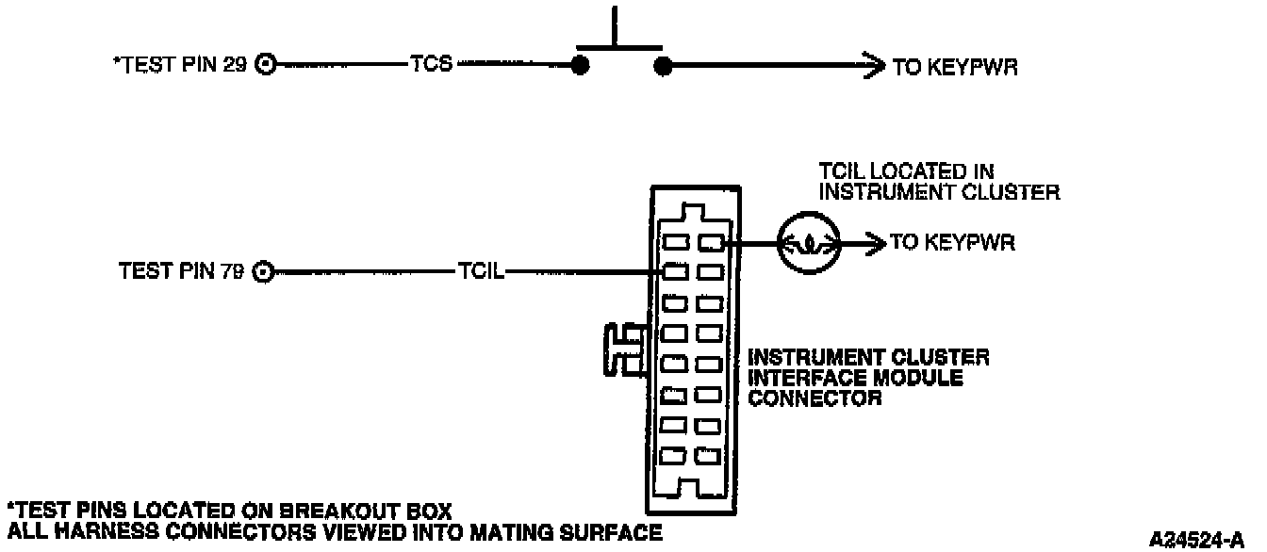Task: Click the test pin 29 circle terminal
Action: [x=267, y=66]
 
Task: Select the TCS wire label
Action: [x=433, y=65]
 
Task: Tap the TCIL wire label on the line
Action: [x=482, y=271]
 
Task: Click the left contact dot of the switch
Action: [x=581, y=66]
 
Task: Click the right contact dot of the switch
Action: [x=663, y=66]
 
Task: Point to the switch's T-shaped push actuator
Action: [x=617, y=33]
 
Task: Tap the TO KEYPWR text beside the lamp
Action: [x=952, y=243]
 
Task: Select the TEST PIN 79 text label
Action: [x=181, y=272]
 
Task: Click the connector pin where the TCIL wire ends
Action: [x=673, y=272]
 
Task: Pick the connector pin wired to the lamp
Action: [x=709, y=244]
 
